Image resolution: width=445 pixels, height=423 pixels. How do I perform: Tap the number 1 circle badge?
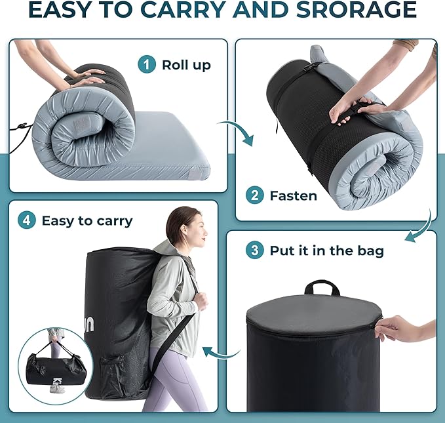(147, 64)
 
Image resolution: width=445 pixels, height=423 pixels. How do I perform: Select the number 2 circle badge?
(254, 195)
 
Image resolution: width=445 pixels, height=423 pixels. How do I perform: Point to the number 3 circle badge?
(254, 251)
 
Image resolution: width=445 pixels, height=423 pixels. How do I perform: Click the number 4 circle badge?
(26, 220)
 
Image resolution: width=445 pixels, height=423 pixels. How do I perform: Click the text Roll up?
(186, 65)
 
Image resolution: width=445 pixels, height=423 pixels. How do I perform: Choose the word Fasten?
(294, 195)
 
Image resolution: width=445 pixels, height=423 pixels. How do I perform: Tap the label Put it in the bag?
(326, 251)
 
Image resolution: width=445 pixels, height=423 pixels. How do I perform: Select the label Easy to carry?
(87, 220)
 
